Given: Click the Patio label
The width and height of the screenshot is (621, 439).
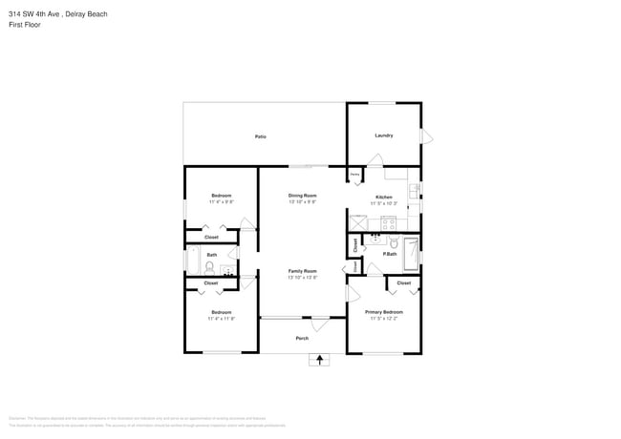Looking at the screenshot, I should [x=260, y=136].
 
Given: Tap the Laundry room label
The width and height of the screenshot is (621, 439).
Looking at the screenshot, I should [x=384, y=136].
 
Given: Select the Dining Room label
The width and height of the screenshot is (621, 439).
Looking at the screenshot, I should [x=302, y=196].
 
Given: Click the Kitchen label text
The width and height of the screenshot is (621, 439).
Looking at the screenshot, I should [x=383, y=197].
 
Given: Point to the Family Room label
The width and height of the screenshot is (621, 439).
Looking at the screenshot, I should [x=302, y=271].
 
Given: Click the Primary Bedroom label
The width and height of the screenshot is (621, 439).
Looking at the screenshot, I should [x=384, y=312].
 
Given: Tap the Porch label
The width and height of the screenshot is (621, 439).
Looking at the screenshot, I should [x=302, y=338].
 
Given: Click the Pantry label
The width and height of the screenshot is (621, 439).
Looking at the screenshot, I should [x=354, y=176].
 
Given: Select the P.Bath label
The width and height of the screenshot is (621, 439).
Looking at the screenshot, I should [x=390, y=254].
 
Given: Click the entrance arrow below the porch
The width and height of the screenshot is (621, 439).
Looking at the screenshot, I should [x=319, y=360].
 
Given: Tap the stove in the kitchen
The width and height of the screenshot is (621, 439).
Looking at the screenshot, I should [x=388, y=224].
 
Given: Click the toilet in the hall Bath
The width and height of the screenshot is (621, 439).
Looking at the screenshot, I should [x=196, y=268].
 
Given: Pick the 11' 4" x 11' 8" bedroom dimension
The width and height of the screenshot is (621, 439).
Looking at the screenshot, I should [x=221, y=319].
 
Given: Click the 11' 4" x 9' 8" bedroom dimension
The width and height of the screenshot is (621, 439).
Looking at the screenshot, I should [x=221, y=201].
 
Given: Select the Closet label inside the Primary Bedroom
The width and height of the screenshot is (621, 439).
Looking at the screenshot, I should [x=403, y=283].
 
